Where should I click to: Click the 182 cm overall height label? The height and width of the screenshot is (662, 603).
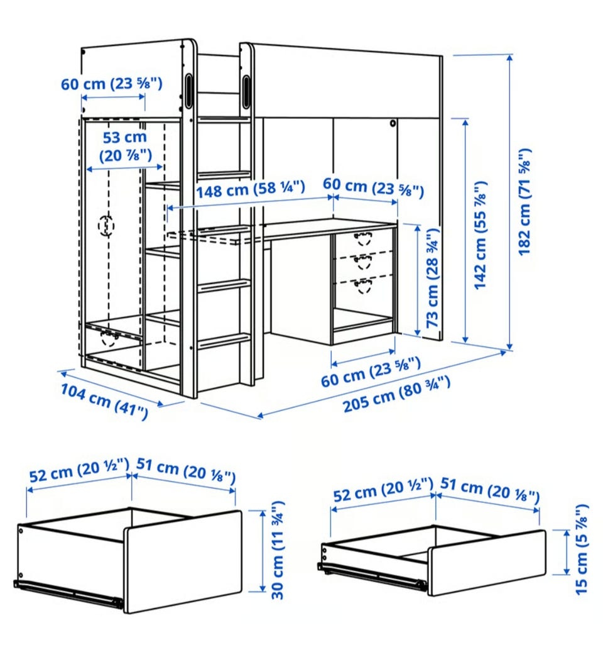524,202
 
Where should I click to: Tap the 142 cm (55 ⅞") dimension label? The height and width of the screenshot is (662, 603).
481,235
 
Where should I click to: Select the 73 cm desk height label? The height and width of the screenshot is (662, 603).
433,278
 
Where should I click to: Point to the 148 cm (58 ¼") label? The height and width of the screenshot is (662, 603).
251,190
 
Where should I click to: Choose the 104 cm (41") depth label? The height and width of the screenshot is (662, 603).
104,401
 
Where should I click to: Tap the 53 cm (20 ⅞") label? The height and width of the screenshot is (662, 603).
125,146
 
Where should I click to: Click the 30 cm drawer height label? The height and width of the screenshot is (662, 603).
278,550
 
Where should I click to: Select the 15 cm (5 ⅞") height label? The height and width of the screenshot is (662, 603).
581,549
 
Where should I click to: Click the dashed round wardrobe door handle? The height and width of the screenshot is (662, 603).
106,226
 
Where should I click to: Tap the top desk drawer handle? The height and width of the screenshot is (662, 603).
363,239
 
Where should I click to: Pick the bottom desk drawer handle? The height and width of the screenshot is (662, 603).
363,286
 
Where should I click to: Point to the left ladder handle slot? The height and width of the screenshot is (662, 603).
188,87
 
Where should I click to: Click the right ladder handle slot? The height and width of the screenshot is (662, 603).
246,86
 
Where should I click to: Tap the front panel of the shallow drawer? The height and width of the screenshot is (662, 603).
487,563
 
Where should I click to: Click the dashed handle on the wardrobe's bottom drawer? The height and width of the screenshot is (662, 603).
109,338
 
